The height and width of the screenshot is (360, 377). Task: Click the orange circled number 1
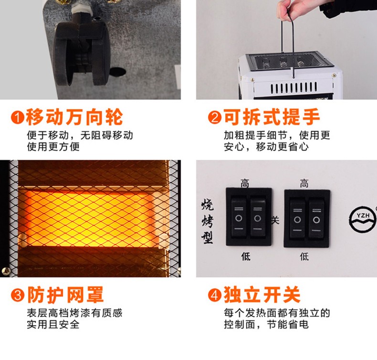click(x=17, y=117)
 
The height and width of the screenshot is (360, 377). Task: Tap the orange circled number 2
click(x=214, y=117)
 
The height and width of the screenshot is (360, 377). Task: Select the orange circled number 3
click(x=17, y=295)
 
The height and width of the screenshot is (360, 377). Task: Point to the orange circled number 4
click(x=214, y=295)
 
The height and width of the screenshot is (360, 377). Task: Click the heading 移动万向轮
click(x=74, y=117)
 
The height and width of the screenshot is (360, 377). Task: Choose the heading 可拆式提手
click(x=272, y=117)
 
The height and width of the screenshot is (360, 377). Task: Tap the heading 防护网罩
click(x=65, y=295)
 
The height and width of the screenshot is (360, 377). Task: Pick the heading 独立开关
click(x=262, y=295)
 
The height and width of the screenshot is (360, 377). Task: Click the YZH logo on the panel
click(x=363, y=219)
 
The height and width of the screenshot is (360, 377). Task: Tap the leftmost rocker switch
click(x=239, y=217)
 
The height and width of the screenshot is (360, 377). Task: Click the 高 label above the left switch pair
click(x=245, y=184)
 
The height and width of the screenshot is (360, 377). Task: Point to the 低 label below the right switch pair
click(x=304, y=257)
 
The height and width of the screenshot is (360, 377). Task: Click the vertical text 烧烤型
click(x=207, y=222)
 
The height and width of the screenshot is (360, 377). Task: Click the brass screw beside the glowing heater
click(x=6, y=271)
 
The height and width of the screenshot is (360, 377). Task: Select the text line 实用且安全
click(x=53, y=324)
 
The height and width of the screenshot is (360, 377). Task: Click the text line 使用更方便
click(x=53, y=146)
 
